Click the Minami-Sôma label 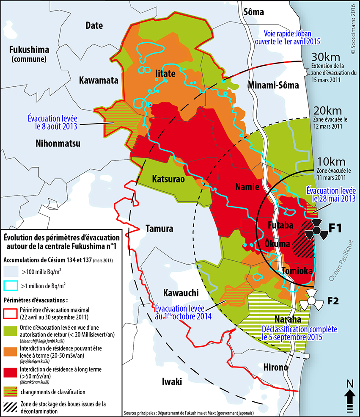pyautogui.click(x=273, y=85)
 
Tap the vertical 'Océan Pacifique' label pyautogui.click(x=338, y=259)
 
